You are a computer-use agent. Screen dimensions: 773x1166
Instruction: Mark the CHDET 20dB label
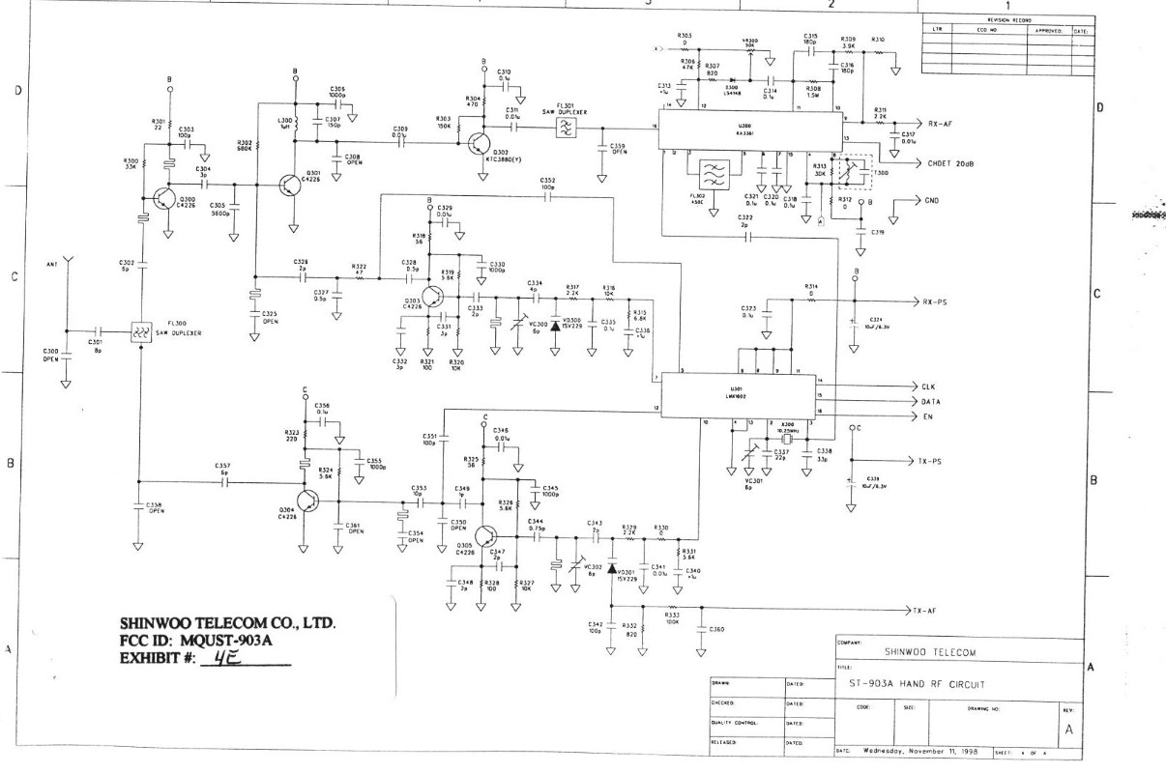pos(951,163)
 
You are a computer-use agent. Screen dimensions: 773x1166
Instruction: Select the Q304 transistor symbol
pos(308,501)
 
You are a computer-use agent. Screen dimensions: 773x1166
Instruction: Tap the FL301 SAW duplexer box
pos(565,127)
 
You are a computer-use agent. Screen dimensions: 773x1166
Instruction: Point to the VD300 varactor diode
pos(555,325)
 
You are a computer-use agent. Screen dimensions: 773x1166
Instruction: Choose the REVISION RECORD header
pos(1008,19)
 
